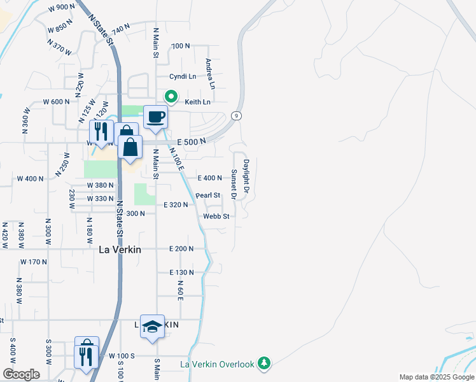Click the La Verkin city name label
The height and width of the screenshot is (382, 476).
pos(120,250)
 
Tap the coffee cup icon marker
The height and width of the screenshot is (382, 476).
pos(155,117)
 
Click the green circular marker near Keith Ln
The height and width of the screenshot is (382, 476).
pos(171,97)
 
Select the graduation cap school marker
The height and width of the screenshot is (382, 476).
pos(152,326)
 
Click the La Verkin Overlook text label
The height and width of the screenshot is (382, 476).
pos(217,364)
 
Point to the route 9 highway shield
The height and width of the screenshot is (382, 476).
pos(235,115)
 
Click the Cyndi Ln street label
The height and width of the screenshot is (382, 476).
pos(183,76)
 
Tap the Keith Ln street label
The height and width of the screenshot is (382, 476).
pos(197,102)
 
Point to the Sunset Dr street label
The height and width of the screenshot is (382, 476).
pos(234,184)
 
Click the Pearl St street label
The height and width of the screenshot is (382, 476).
pos(207,195)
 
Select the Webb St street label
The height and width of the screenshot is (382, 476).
pos(216,216)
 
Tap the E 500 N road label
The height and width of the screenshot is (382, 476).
pos(192,141)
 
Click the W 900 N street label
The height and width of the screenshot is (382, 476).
pos(61,8)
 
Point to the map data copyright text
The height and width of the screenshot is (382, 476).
pos(437,377)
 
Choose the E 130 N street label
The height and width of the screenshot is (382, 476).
pos(181,272)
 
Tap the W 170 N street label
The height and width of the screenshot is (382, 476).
pos(34,262)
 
